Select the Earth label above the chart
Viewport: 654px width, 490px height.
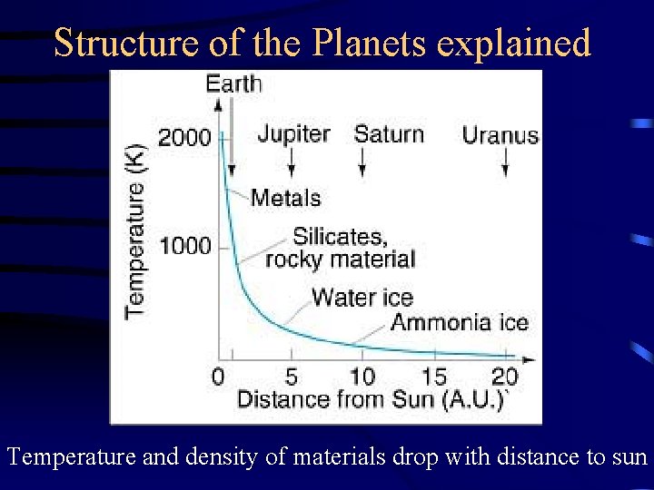pyautogui.click(x=233, y=84)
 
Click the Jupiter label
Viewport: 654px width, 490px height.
pyautogui.click(x=292, y=134)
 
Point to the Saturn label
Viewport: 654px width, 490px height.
pyautogui.click(x=389, y=134)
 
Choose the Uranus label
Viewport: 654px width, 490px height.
pyautogui.click(x=500, y=136)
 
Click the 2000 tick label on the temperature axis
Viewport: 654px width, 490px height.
pyautogui.click(x=184, y=138)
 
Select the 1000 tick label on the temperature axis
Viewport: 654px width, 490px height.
pyautogui.click(x=184, y=246)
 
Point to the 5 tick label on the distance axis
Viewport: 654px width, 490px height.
pyautogui.click(x=291, y=376)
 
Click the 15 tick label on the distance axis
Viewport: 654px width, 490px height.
pyautogui.click(x=434, y=376)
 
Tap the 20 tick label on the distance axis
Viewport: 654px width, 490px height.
pyautogui.click(x=505, y=376)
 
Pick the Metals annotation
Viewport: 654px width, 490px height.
pyautogui.click(x=285, y=197)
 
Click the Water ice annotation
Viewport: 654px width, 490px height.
pyautogui.click(x=362, y=297)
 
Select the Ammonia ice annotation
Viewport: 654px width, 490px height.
pyautogui.click(x=460, y=322)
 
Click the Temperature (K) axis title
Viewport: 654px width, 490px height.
pyautogui.click(x=135, y=229)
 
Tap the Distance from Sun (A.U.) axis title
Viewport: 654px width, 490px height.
pyautogui.click(x=371, y=400)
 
